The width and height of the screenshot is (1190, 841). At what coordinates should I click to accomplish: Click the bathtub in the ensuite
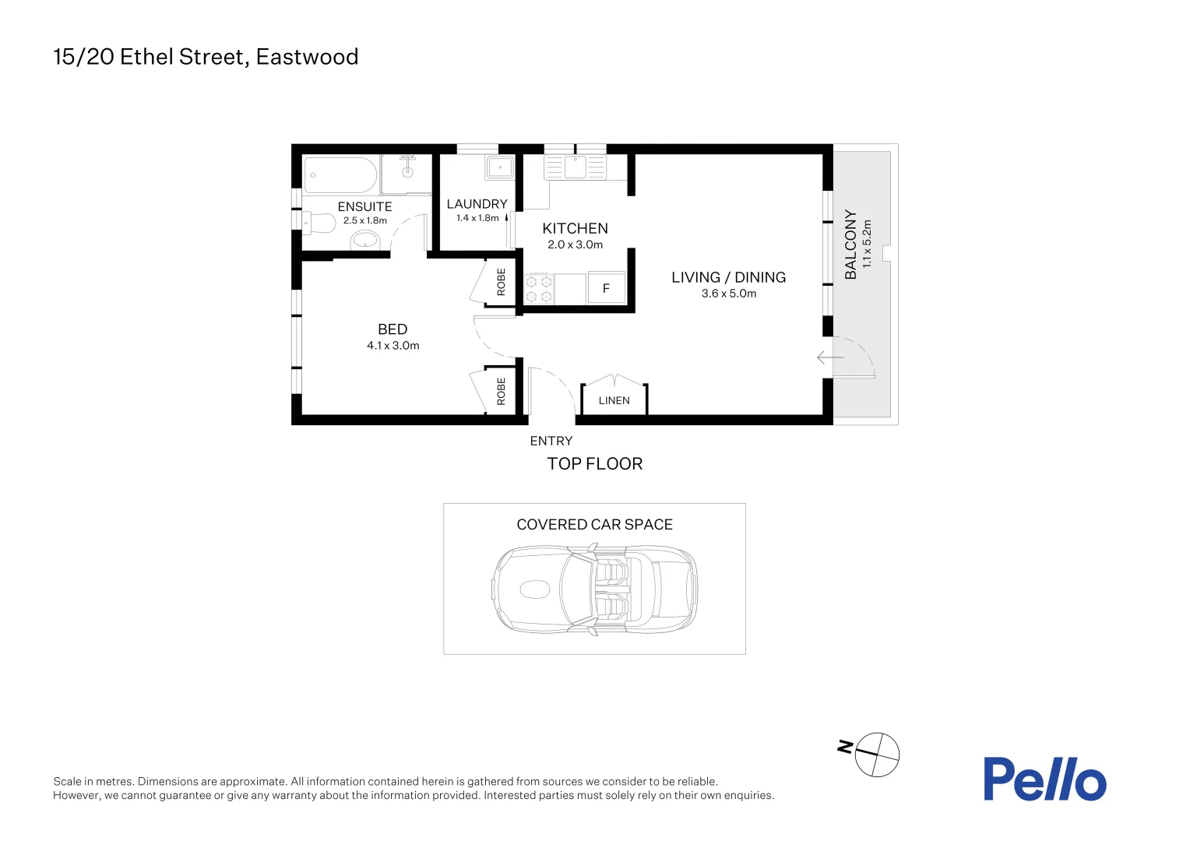[340, 175]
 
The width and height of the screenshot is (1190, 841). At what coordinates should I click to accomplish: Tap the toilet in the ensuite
[319, 223]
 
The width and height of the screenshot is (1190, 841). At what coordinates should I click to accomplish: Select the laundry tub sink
[499, 167]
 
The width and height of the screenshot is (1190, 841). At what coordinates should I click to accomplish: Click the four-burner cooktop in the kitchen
[538, 289]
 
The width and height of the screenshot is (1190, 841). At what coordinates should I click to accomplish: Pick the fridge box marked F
[606, 288]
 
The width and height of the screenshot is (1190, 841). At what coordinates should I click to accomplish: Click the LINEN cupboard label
[614, 400]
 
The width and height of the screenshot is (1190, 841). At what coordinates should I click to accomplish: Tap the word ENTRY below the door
[551, 441]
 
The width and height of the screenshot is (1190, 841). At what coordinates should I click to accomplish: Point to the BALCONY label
[850, 244]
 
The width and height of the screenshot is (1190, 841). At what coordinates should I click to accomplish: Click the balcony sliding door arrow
[830, 357]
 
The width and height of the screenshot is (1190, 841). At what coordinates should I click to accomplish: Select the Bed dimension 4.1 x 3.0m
[393, 346]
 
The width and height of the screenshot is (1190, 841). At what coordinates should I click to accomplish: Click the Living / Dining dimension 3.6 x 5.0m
[728, 294]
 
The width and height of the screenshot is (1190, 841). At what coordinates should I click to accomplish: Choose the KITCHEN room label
[575, 228]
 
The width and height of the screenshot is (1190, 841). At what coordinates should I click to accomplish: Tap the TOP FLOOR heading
[594, 463]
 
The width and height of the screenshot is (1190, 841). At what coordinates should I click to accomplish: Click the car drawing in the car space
[594, 589]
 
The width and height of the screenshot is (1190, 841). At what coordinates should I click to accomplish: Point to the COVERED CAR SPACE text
[594, 525]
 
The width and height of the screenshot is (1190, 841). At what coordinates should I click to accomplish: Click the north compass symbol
[877, 754]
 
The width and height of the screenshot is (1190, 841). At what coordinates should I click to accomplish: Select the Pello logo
[1044, 779]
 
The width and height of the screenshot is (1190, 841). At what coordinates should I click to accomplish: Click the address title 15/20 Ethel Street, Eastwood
[206, 57]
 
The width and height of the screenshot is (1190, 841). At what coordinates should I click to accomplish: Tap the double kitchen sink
[576, 167]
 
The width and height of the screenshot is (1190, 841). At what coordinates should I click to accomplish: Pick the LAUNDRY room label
[477, 204]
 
